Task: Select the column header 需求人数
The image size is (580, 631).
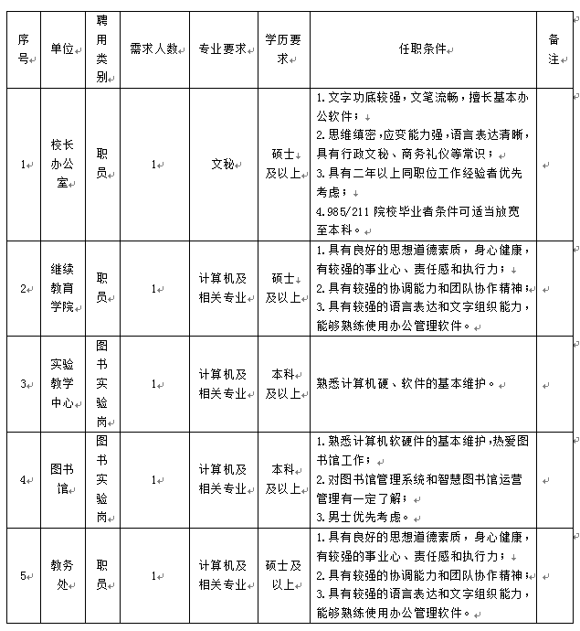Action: [153, 48]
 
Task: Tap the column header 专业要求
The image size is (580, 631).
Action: [223, 48]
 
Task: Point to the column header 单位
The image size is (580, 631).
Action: [62, 48]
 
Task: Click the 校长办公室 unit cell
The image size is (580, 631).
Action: [62, 164]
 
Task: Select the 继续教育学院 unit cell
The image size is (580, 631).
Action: [62, 288]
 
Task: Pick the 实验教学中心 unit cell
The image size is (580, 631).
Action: [62, 383]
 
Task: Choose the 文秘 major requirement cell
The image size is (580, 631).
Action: [223, 165]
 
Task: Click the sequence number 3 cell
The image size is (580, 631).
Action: [24, 383]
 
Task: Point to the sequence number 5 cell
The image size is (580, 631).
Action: [24, 575]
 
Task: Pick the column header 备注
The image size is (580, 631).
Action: [554, 48]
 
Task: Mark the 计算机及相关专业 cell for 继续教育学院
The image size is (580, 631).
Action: [223, 288]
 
